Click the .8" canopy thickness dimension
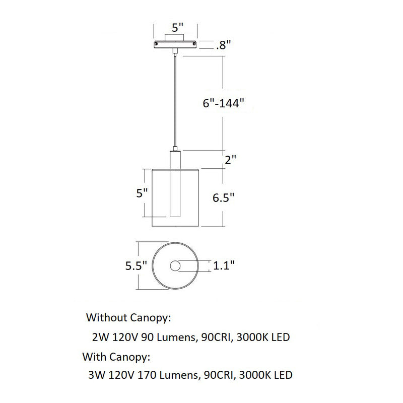coord(222,45)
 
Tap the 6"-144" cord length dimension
coord(223,103)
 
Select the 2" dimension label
coord(231,160)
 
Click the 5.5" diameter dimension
coord(136,265)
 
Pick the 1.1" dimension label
coord(224,265)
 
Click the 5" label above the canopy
coord(177,28)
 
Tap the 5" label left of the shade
coord(143,193)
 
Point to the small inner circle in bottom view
coord(175,266)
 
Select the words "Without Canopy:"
coord(129,318)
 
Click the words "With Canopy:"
coord(117,357)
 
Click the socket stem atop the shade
coord(175,159)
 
